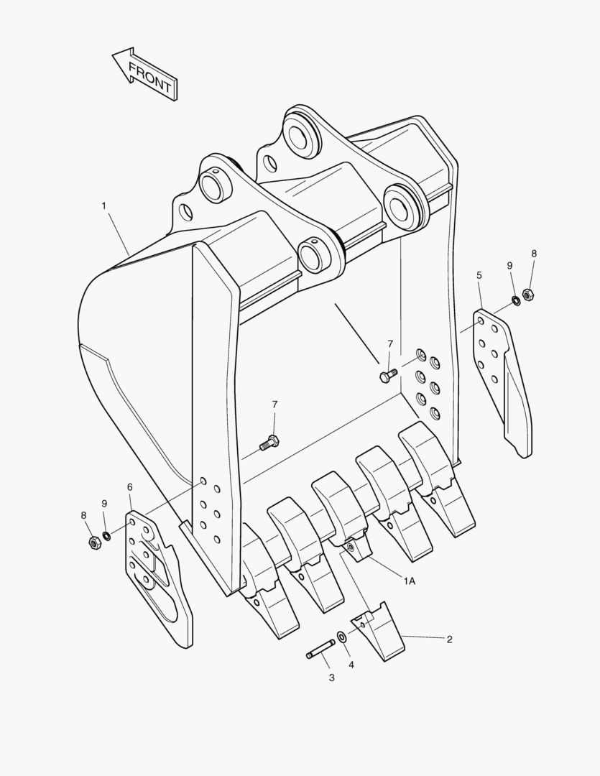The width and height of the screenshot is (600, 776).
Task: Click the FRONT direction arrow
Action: click(144, 74)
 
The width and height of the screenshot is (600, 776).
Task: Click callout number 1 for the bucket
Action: click(104, 205)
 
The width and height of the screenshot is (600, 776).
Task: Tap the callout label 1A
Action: click(410, 581)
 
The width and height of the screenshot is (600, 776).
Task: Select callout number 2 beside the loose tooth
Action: click(450, 639)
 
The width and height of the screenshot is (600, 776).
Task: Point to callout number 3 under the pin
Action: click(332, 678)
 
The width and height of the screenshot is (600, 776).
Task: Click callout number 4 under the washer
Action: click(351, 665)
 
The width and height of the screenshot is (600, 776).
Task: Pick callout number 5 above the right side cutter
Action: click(479, 275)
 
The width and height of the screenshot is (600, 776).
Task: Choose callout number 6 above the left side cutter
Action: click(130, 487)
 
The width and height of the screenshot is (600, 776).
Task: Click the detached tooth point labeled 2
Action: click(378, 630)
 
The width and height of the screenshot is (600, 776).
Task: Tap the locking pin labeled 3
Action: click(320, 649)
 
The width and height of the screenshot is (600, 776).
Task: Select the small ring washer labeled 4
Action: click(341, 636)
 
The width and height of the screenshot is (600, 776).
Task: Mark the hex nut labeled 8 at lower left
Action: click(94, 542)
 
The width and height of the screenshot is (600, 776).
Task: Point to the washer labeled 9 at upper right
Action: click(516, 300)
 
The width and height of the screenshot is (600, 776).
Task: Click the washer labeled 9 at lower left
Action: click(106, 535)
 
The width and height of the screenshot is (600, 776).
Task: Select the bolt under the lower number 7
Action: click(269, 442)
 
